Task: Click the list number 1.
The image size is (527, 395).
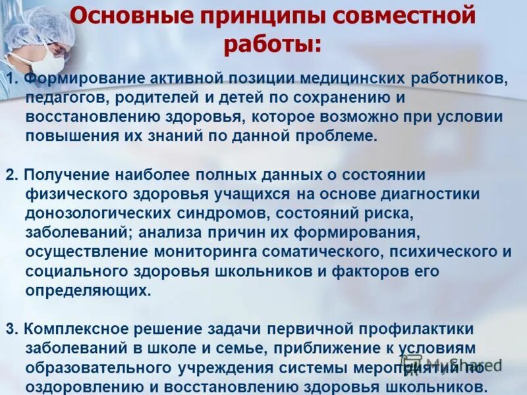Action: (x=10, y=79)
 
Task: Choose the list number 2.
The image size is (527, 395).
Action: (x=10, y=175)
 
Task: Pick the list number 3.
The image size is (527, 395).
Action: (x=10, y=329)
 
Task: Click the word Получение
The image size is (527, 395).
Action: (x=65, y=175)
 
